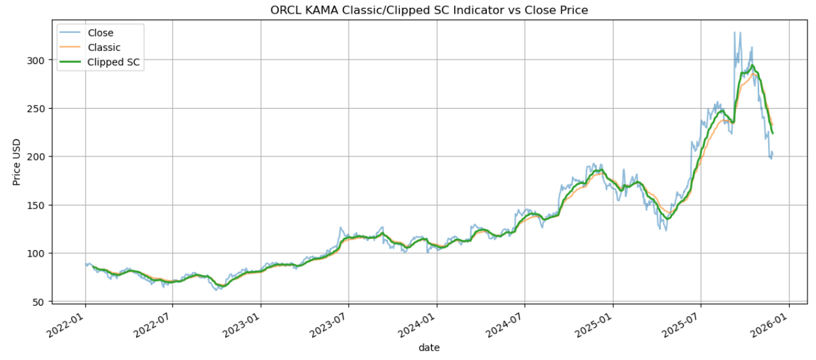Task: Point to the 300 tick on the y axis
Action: coord(35,60)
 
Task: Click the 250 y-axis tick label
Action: coord(35,109)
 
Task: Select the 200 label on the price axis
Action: coord(35,156)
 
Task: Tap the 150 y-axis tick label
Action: coord(35,205)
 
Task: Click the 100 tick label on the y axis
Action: coord(35,253)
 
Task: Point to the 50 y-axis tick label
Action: coord(38,302)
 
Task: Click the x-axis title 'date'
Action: coord(429,348)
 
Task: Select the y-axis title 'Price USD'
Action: coord(17,162)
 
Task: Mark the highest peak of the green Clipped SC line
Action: coord(753,65)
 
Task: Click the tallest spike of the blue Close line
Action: coord(734,33)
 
